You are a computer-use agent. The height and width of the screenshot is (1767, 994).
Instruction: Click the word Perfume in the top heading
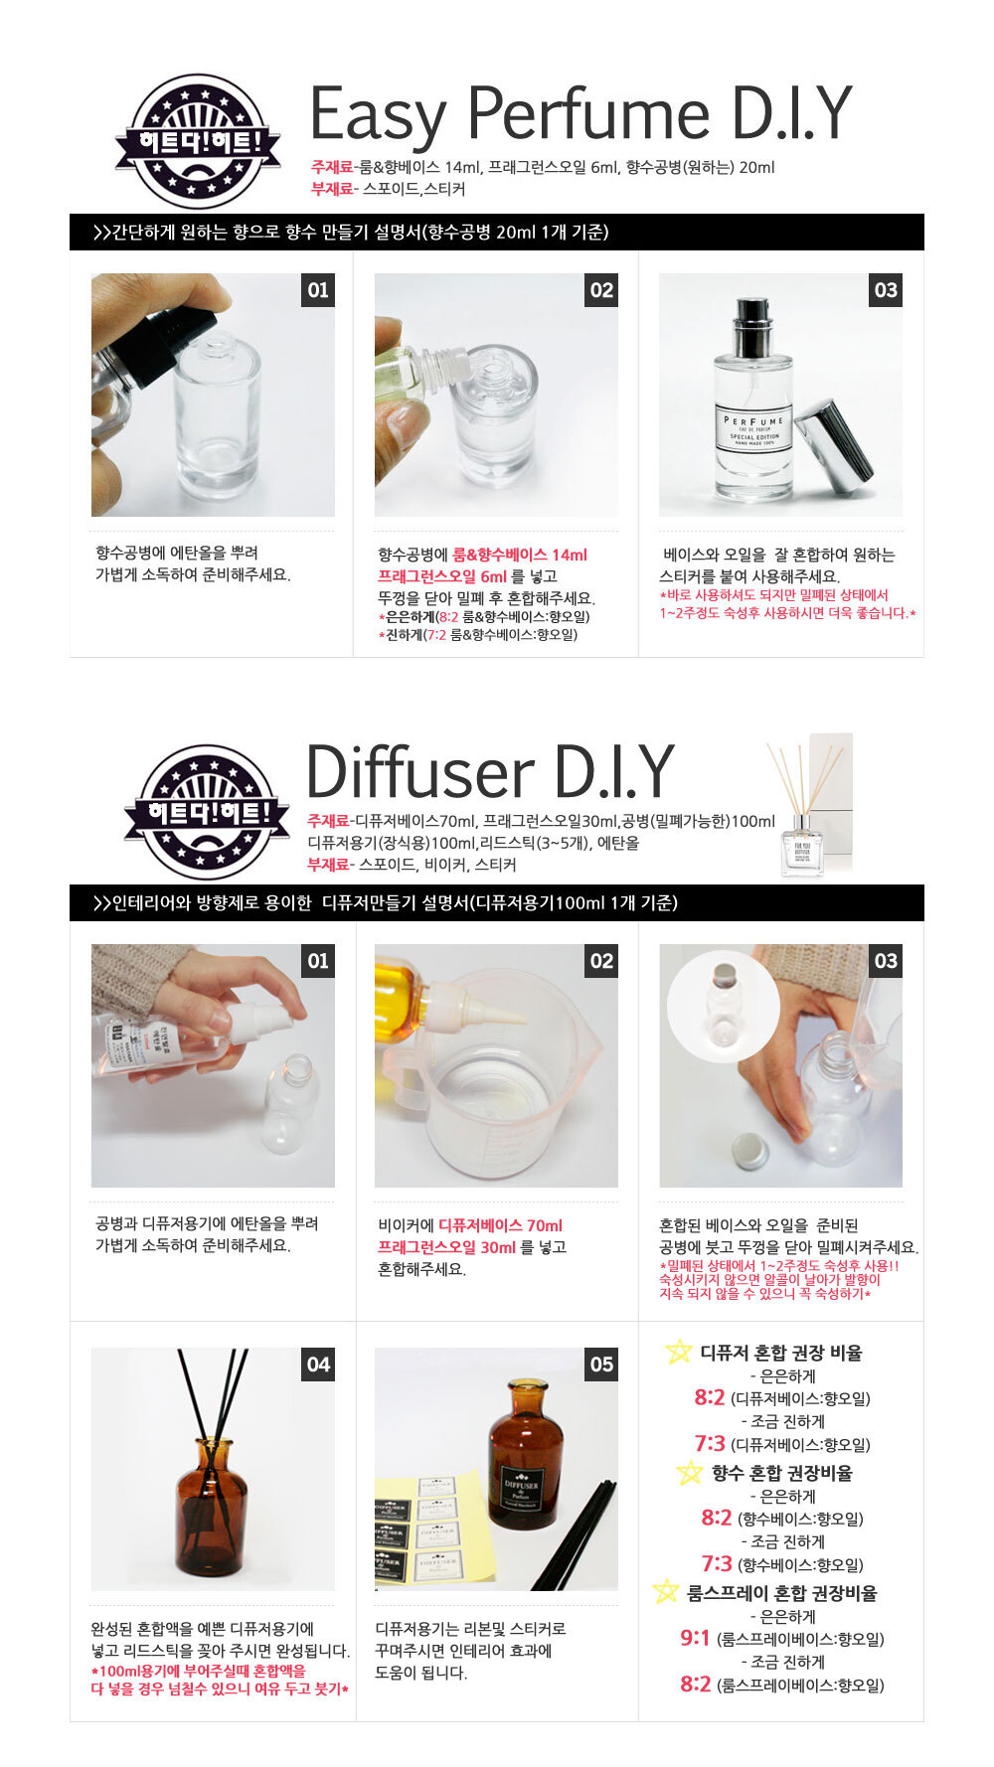[586, 115]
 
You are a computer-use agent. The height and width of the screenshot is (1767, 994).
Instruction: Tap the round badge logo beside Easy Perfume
[198, 141]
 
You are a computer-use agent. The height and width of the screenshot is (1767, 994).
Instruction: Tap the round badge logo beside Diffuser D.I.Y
[207, 811]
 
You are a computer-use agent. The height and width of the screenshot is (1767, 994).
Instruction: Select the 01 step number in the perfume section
[318, 290]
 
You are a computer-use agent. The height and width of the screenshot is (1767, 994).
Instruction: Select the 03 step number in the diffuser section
[885, 961]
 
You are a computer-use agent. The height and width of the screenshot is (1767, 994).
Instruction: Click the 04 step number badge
[318, 1365]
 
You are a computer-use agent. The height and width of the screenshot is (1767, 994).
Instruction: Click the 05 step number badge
[601, 1365]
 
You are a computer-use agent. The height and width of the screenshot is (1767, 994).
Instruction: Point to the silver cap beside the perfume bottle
[837, 447]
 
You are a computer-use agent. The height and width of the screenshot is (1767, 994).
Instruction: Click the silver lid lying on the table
[747, 1151]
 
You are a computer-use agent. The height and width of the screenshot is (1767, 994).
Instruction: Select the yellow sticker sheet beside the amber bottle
[437, 1526]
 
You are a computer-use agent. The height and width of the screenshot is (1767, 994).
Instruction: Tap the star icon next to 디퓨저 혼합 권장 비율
[678, 1352]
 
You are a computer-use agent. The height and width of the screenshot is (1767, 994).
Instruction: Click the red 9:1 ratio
[695, 1638]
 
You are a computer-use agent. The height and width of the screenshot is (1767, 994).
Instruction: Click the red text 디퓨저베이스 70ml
[500, 1225]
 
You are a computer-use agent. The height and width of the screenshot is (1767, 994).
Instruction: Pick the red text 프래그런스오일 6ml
[441, 576]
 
